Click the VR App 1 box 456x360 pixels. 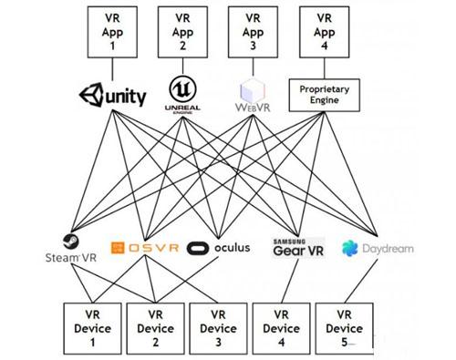click(111, 29)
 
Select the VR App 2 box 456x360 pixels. click(181, 29)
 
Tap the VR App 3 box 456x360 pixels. click(252, 29)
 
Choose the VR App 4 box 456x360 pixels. click(322, 29)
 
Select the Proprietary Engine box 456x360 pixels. click(322, 94)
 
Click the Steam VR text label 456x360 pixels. click(70, 258)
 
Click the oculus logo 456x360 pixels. click(217, 248)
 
